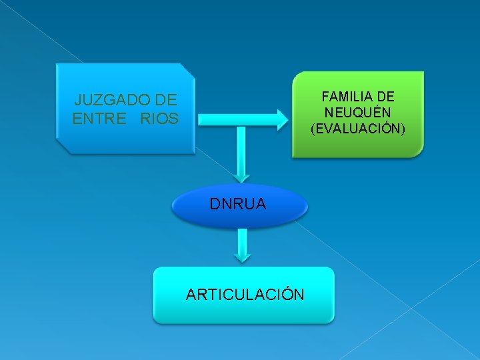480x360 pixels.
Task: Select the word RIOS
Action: click(160, 119)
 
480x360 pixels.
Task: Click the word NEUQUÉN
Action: click(357, 113)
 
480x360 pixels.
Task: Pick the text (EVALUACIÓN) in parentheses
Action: click(357, 128)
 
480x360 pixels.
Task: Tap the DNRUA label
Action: click(238, 205)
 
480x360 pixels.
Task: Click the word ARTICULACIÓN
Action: click(245, 294)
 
